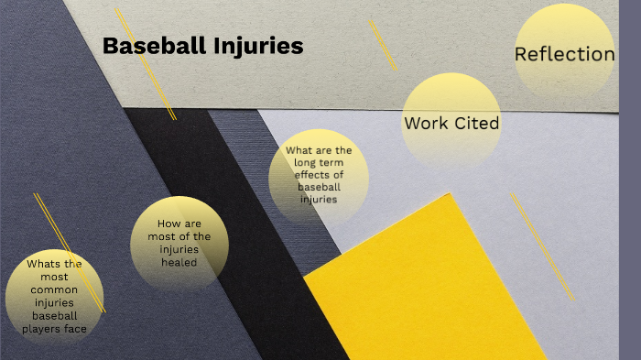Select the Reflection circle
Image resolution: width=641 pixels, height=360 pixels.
pos(564,53)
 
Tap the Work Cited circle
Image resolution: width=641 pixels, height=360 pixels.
pos(451,120)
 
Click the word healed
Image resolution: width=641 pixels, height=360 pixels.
pos(179,262)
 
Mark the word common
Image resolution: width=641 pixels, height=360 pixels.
pos(55,289)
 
